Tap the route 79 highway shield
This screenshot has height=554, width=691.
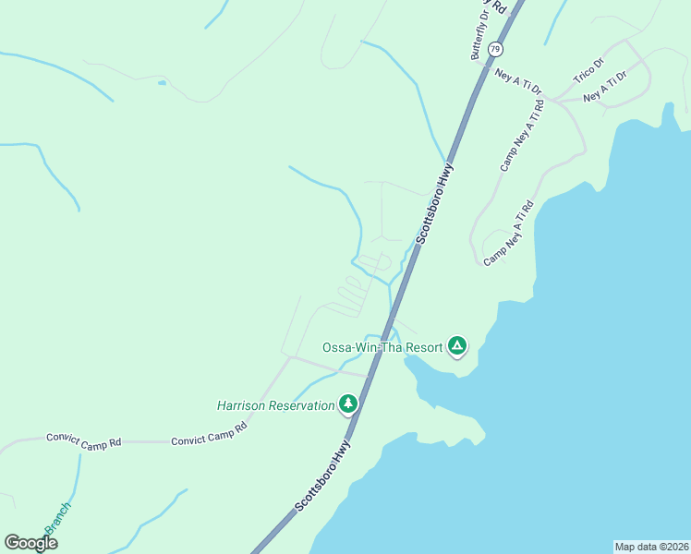(x=496, y=48)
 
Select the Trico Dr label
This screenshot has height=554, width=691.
(x=588, y=71)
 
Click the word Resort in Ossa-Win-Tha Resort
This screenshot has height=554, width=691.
(x=416, y=348)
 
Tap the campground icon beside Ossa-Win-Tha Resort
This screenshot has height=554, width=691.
(x=456, y=346)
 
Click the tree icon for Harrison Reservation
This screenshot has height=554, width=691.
(x=348, y=403)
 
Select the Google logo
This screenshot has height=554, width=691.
(x=30, y=543)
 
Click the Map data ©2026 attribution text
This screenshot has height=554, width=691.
(x=651, y=546)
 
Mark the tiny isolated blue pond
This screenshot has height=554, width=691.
(x=162, y=83)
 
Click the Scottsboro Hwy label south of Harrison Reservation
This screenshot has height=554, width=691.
(x=324, y=476)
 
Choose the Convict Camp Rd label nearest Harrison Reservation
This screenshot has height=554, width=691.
(x=209, y=435)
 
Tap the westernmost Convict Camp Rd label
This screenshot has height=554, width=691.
(x=84, y=441)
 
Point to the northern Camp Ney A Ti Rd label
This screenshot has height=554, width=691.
(x=523, y=135)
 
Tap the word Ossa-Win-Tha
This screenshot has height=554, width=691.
(x=357, y=348)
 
